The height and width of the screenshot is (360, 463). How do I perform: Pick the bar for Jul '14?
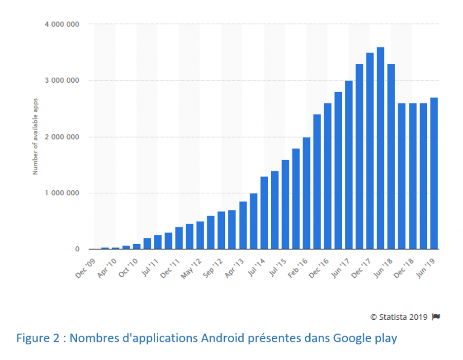click(x=264, y=213)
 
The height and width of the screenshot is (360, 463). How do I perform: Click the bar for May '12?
click(x=200, y=235)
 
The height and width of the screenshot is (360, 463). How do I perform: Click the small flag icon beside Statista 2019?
click(x=436, y=317)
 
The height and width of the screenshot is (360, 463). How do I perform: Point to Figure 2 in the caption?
click(x=37, y=338)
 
